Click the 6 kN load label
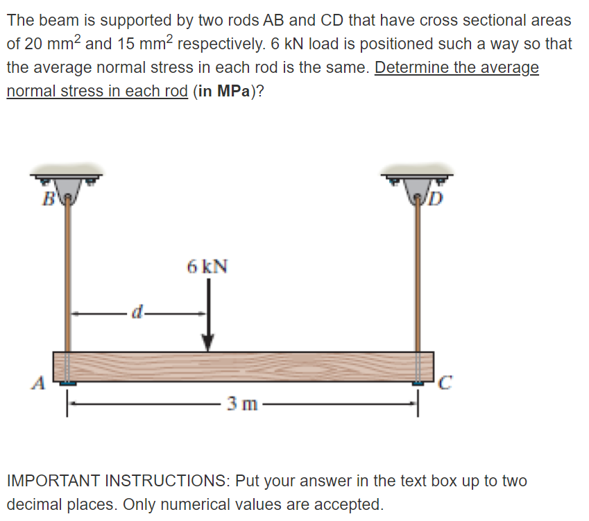(207, 266)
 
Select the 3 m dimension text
(241, 404)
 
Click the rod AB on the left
(67, 277)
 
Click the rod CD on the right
(419, 277)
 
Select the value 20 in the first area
(34, 44)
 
